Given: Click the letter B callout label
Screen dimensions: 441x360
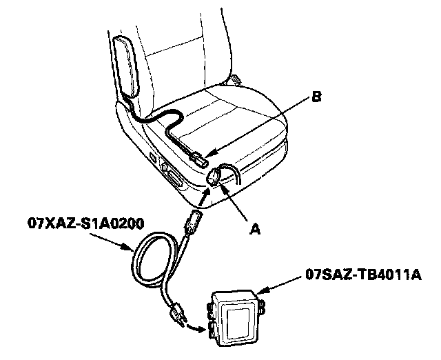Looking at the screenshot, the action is [316, 98].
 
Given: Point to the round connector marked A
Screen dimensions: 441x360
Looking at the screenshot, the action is [214, 177].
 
